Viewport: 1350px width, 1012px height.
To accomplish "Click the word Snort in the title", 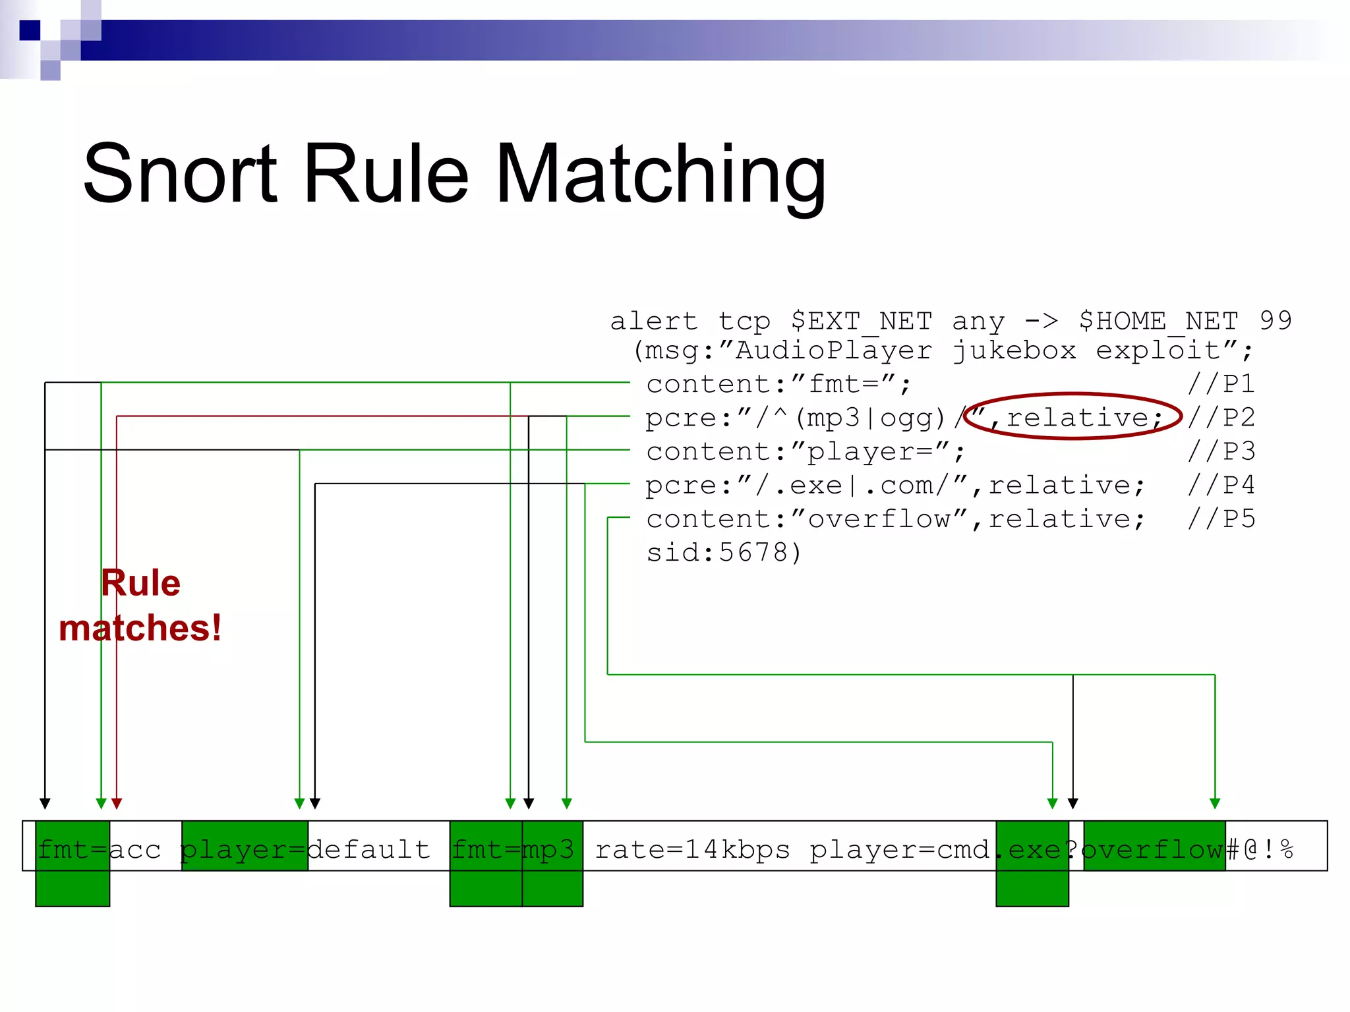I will pos(180,175).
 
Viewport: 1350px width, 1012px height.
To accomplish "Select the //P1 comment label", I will pos(1221,383).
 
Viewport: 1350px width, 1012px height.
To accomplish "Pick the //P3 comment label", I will pos(1221,451).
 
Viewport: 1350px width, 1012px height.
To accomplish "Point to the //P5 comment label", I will pos(1221,519).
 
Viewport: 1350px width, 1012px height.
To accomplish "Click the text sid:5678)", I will pos(723,552).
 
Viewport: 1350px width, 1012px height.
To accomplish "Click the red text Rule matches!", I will pos(140,605).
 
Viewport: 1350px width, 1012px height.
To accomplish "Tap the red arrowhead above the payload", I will pos(117,803).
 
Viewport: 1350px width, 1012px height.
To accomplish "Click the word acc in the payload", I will pos(135,849).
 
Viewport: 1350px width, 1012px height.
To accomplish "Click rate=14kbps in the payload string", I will pos(692,849).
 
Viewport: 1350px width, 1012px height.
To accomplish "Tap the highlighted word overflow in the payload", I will pos(1154,849).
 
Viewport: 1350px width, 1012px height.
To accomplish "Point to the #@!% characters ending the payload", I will pos(1260,849).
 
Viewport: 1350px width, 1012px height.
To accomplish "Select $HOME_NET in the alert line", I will pos(1158,321).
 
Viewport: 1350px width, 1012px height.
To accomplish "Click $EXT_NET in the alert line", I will pos(861,321).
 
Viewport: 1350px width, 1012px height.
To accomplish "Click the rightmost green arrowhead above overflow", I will pos(1215,803).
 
